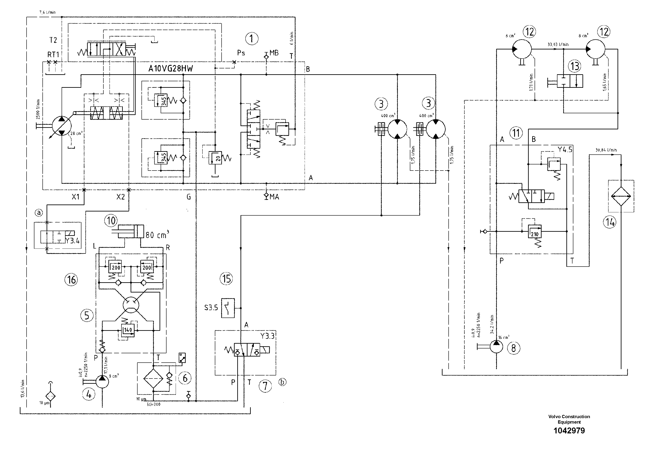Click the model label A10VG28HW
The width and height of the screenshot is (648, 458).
coord(170,69)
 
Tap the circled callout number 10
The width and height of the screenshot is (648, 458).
coord(111,221)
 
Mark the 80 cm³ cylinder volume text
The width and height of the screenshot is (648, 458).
coord(157,234)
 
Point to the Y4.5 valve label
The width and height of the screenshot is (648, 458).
coord(565,150)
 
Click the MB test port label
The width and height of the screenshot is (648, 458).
coord(274,53)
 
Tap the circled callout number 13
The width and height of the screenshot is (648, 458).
coord(575,66)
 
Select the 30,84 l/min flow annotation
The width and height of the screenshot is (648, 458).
coord(606,150)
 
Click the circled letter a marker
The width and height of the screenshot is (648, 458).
coord(39,213)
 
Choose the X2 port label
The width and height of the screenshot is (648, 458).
coord(121,197)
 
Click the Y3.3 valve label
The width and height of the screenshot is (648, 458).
coord(267,336)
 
